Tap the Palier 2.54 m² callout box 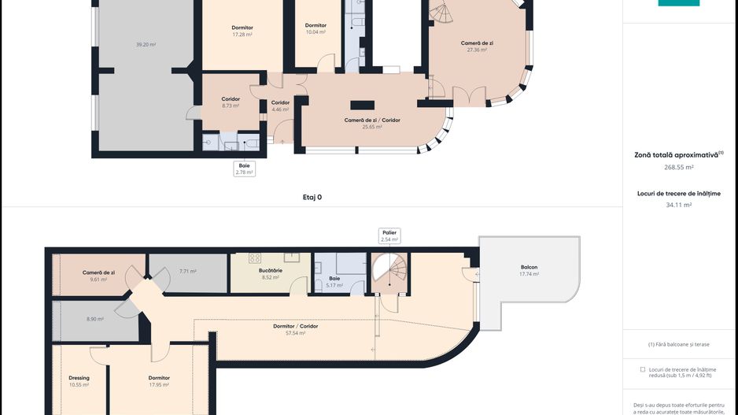[x=389, y=236]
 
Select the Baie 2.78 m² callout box [x=244, y=169]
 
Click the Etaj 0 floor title [x=312, y=198]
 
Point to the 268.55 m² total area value [x=679, y=167]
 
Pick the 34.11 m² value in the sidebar [x=679, y=205]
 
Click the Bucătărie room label [x=271, y=270]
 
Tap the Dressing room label [x=79, y=378]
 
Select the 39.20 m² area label [x=146, y=45]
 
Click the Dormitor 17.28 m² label [x=242, y=31]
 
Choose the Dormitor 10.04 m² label [x=315, y=28]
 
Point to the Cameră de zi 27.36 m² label [x=477, y=46]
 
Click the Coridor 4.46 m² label [x=280, y=106]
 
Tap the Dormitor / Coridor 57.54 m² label [x=296, y=329]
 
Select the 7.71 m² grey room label [x=188, y=272]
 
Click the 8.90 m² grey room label [x=95, y=319]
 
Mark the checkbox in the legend [x=643, y=370]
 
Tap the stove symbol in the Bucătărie [x=255, y=258]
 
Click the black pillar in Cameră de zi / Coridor [x=363, y=105]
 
